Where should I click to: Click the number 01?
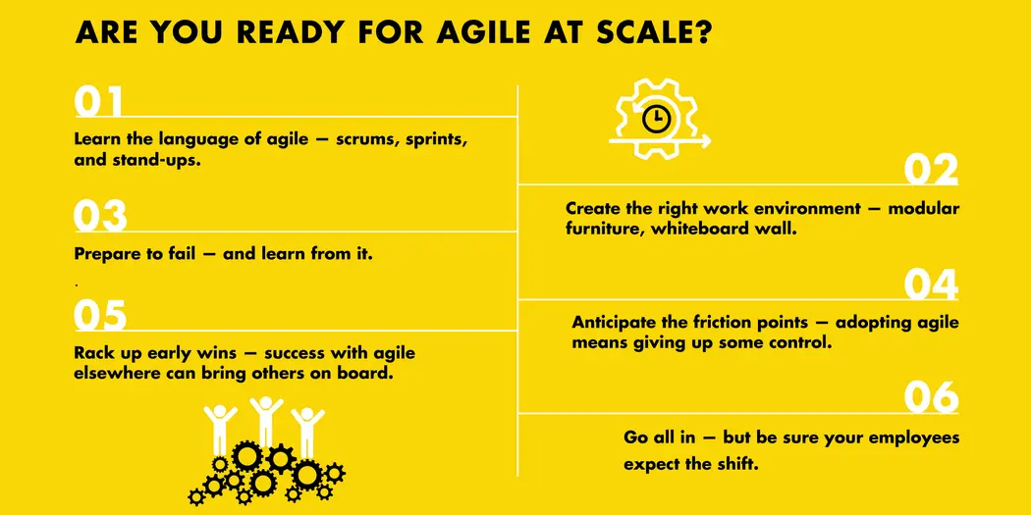pos(99,103)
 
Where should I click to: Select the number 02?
pos(931,171)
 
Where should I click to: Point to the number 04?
pos(931,285)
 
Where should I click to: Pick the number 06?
pos(931,398)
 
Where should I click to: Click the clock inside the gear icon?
pos(655,120)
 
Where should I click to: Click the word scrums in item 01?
pos(363,139)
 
